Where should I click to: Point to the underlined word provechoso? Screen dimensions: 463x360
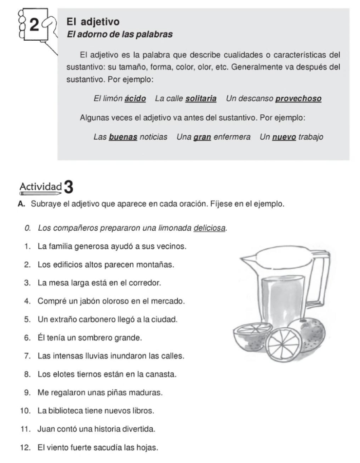point(298,98)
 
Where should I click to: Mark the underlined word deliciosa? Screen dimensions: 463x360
point(209,227)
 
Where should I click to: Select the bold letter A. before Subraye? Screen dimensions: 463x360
point(21,204)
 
